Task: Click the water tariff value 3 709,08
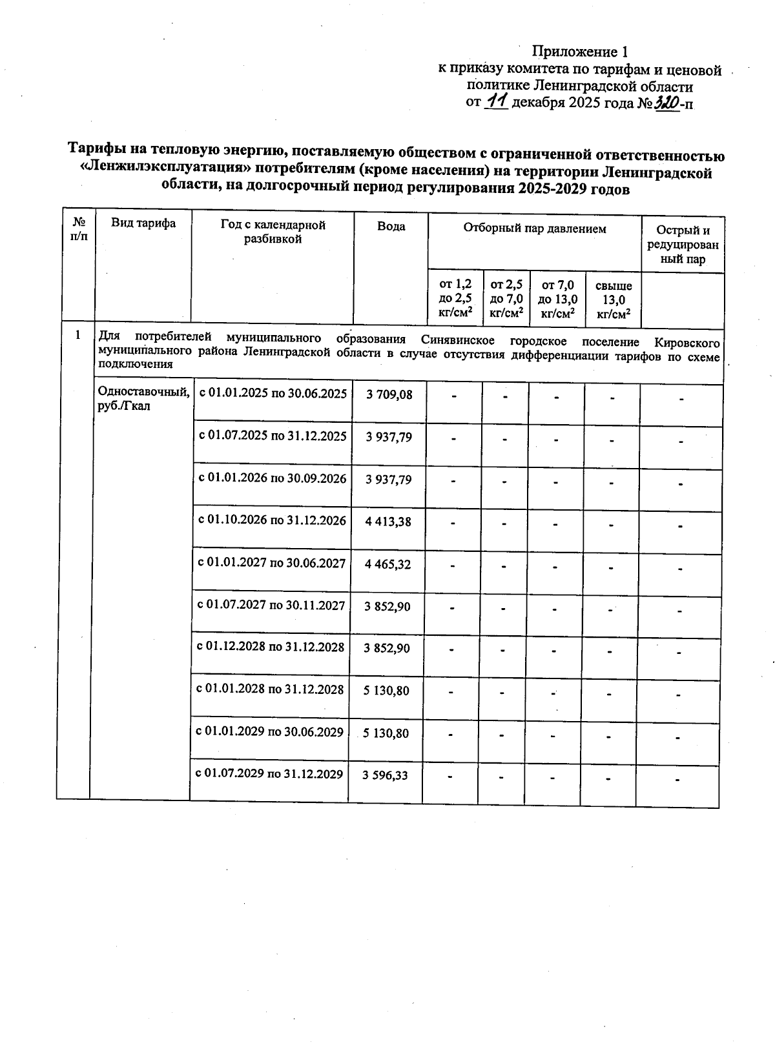[x=389, y=394]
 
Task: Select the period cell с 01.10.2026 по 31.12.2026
[x=272, y=521]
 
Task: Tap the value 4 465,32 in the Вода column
[x=388, y=564]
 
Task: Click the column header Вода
[x=391, y=227]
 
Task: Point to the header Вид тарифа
[x=143, y=223]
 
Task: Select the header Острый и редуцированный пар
[x=683, y=245]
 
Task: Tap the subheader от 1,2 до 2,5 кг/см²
[x=455, y=299]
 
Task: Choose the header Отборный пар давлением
[x=534, y=229]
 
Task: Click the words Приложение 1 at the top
[x=579, y=52]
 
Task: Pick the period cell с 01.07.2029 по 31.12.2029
[x=269, y=774]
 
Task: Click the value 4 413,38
[x=388, y=522]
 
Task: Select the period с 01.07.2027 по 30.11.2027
[x=271, y=606]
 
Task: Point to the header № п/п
[x=79, y=229]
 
